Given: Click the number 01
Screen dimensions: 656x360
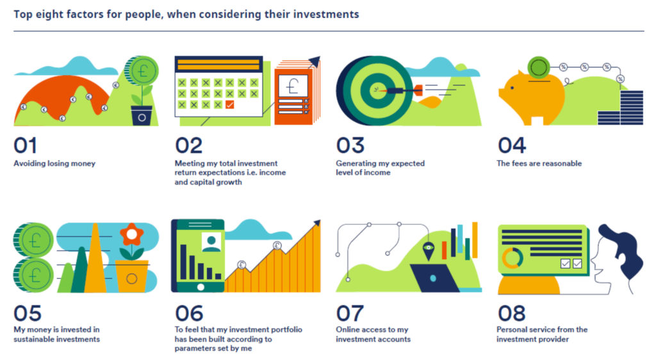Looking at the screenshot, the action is coord(25,145).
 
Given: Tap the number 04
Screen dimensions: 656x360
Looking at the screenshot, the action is coord(511,145).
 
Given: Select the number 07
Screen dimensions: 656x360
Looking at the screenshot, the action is coord(350,313).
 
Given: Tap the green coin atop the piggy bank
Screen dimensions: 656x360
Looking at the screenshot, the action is coord(538,67).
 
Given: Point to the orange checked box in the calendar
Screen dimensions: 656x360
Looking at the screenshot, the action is coord(230,104).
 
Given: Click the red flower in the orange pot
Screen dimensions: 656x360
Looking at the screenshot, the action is coord(132,235).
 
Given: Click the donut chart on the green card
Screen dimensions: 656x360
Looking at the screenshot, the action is coord(512,258).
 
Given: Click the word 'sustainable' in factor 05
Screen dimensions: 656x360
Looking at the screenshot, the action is coord(34,339).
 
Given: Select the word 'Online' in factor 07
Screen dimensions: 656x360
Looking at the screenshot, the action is coord(348,329).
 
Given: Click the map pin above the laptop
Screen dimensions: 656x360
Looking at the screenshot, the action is coord(428,250).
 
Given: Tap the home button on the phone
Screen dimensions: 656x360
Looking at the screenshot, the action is coord(201,287).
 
